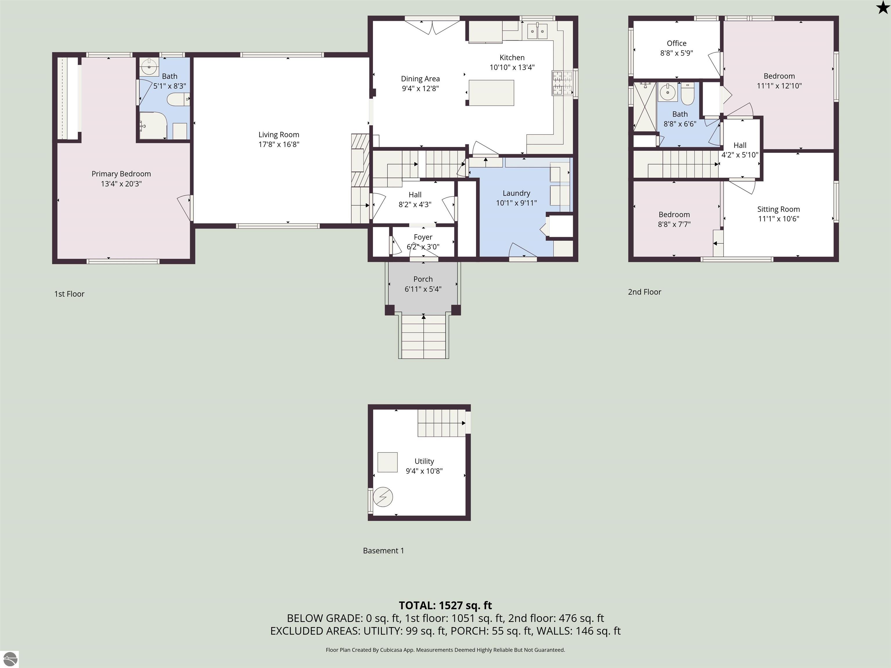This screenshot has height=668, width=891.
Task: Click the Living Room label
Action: (279, 135)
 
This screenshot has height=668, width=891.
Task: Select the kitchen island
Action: (491, 92)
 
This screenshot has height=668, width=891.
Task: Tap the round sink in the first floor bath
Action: (149, 67)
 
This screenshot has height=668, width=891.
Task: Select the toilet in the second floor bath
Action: (687, 93)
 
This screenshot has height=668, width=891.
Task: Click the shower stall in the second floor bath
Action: (644, 107)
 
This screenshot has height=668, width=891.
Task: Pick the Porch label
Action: (423, 279)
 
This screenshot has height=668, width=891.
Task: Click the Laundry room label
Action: (516, 193)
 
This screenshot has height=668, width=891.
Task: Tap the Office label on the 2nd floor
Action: (677, 43)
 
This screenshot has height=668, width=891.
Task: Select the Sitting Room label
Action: (778, 209)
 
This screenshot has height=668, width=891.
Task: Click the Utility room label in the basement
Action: (424, 461)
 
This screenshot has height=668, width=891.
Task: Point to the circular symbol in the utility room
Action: (383, 497)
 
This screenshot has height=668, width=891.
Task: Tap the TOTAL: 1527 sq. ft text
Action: (445, 605)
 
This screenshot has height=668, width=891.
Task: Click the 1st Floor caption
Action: (69, 294)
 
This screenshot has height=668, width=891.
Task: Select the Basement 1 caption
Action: (383, 550)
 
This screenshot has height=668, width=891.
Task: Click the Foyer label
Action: (423, 237)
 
